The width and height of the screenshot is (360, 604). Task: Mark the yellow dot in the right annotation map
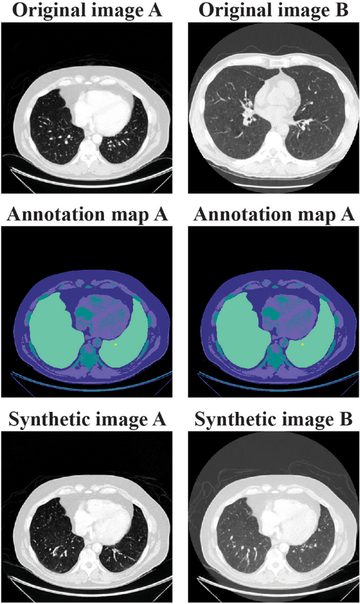pyautogui.click(x=303, y=344)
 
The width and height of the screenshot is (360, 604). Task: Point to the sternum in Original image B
pyautogui.click(x=276, y=64)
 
